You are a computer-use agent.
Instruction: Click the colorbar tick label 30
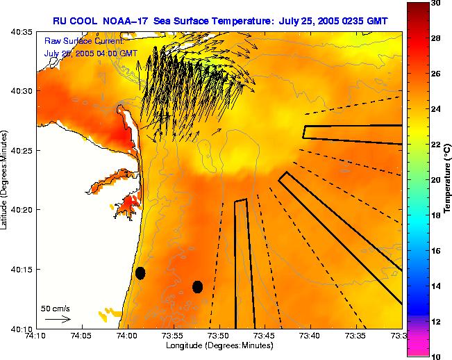436,3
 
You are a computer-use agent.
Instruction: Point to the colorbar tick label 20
436,179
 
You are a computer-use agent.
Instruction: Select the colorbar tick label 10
436,356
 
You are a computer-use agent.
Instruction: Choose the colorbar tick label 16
436,250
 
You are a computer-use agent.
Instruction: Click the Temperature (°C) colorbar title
449,179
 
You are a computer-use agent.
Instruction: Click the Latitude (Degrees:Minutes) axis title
5,179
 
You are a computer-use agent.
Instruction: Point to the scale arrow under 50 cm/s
58,319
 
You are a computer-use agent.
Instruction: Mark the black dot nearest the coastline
140,273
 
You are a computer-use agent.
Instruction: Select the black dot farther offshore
197,286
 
